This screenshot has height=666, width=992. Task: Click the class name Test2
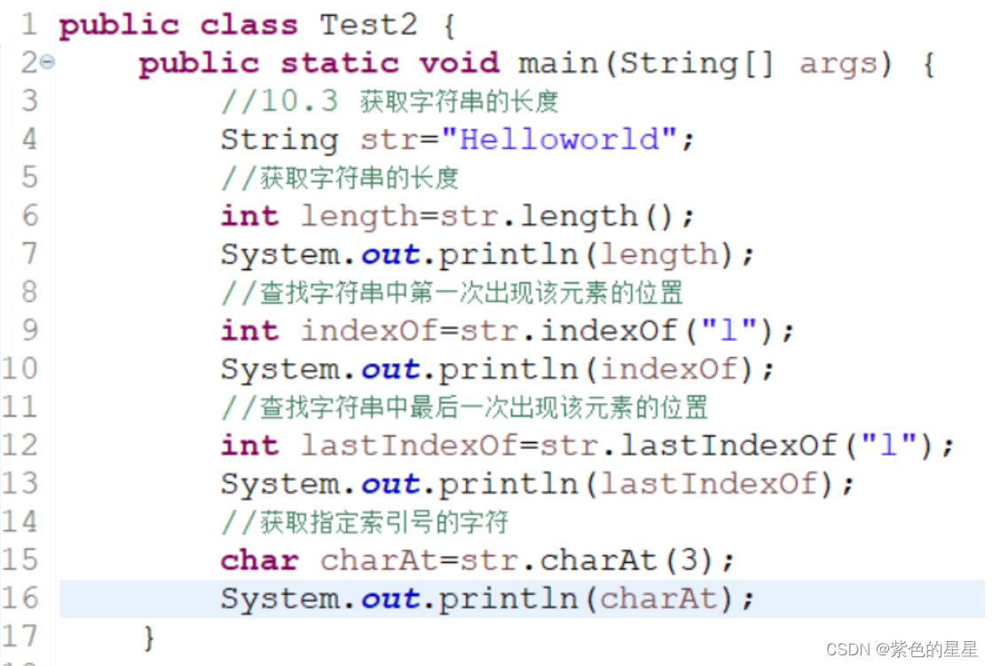(368, 25)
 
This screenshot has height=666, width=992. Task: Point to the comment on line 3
(390, 102)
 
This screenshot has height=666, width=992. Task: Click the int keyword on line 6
(249, 216)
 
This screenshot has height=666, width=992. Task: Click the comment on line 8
(453, 292)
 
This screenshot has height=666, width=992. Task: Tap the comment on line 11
(464, 408)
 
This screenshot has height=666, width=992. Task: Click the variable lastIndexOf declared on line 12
(408, 445)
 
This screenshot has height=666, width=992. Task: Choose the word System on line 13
(279, 484)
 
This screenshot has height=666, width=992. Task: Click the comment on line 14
(365, 522)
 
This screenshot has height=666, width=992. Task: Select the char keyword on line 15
(259, 560)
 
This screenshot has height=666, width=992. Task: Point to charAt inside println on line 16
(657, 599)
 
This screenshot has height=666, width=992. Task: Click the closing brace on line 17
(148, 636)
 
